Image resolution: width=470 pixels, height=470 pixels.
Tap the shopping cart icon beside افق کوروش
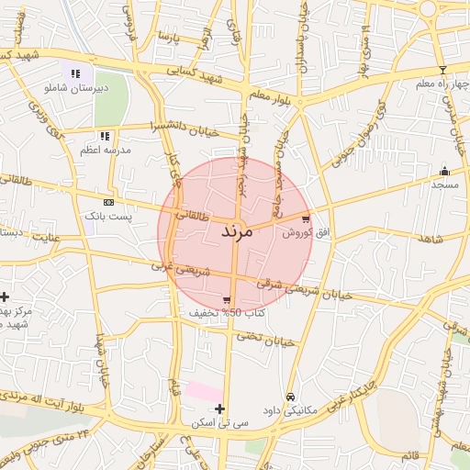click(x=306, y=219)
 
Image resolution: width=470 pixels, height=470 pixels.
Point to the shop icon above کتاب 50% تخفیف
click(x=227, y=300)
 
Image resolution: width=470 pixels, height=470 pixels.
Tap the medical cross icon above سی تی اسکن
click(x=218, y=408)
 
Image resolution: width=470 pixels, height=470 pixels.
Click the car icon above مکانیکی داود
click(x=290, y=397)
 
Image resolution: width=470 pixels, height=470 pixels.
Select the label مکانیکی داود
click(x=289, y=410)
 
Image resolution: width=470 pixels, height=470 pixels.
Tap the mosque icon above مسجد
click(x=445, y=171)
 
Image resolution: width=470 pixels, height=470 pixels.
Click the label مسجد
click(x=445, y=185)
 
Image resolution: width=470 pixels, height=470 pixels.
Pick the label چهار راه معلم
click(x=442, y=84)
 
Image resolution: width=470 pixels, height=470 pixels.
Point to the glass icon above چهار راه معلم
click(x=442, y=70)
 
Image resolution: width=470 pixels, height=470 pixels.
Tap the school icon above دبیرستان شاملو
click(x=75, y=73)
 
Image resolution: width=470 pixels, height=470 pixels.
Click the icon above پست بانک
click(x=108, y=202)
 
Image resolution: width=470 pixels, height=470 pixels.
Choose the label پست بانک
click(x=108, y=217)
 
